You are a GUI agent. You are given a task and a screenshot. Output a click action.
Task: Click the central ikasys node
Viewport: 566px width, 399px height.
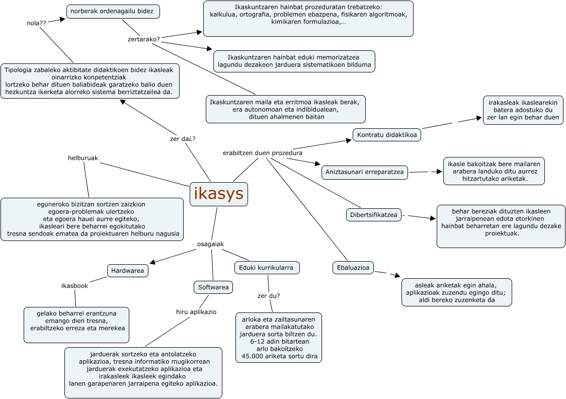click(218, 194)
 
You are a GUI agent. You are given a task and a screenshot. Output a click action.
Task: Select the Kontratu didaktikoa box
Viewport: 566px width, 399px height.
click(387, 135)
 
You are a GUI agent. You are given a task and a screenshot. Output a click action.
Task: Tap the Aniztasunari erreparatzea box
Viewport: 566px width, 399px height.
click(365, 172)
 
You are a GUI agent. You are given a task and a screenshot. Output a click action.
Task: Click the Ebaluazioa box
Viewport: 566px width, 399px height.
click(353, 268)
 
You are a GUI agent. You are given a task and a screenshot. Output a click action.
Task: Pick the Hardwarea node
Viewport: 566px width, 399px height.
click(128, 271)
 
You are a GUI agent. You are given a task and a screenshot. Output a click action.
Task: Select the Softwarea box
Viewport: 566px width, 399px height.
click(213, 287)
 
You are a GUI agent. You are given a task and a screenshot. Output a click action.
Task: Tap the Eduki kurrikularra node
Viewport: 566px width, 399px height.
click(267, 268)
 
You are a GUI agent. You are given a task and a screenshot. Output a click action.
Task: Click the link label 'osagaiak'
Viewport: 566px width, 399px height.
click(210, 244)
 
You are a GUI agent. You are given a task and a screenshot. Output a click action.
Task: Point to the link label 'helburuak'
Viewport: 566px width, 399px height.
click(83, 158)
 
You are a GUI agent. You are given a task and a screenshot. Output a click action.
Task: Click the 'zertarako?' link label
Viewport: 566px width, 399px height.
click(144, 39)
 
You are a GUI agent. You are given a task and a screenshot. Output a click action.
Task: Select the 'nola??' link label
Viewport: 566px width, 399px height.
click(36, 23)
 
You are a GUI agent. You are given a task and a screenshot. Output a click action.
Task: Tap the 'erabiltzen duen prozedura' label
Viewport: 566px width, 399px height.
click(263, 152)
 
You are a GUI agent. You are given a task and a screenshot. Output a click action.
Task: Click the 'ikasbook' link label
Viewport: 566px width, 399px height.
click(74, 286)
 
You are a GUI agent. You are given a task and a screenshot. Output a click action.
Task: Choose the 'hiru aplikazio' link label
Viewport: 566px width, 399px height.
click(196, 312)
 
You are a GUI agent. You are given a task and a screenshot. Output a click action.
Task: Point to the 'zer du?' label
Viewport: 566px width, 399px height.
click(269, 296)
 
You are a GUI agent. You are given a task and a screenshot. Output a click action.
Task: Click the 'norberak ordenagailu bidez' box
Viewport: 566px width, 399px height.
click(113, 11)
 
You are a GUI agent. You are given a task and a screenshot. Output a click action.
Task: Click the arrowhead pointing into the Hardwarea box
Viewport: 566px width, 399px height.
click(152, 262)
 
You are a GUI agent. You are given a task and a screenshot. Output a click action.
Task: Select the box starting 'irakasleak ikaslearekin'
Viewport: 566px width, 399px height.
click(523, 110)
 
